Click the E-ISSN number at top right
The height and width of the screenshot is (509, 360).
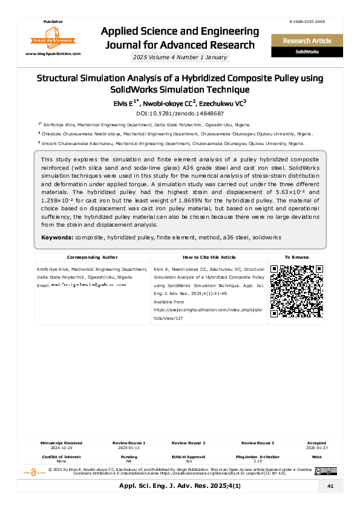pos(307,22)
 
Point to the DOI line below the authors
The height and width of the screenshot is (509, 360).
pos(180,113)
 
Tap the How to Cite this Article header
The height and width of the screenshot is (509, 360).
pos(209,257)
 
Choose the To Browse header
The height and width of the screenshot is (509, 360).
pos(296,257)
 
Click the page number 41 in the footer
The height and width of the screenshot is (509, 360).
pos(330,486)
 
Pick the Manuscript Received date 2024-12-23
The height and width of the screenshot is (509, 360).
pos(61,448)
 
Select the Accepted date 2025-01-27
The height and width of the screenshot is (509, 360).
pos(316,448)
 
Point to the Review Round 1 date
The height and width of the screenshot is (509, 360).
pos(129,448)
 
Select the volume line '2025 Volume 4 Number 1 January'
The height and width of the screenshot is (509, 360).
pos(180,57)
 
